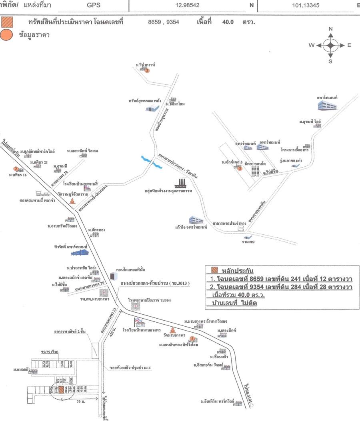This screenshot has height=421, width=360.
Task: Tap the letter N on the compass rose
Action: click(330, 29)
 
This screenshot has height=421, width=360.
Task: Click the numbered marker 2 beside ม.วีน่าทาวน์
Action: click(147, 71)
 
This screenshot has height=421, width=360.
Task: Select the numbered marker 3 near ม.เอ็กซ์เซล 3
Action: click(240, 168)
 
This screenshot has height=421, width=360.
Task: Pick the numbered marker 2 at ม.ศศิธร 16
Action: click(16, 169)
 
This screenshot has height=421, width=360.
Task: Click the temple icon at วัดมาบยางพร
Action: click(172, 331)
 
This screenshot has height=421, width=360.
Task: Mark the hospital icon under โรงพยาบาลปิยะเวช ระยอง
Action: click(136, 307)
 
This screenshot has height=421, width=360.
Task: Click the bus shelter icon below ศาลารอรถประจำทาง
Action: click(240, 228)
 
